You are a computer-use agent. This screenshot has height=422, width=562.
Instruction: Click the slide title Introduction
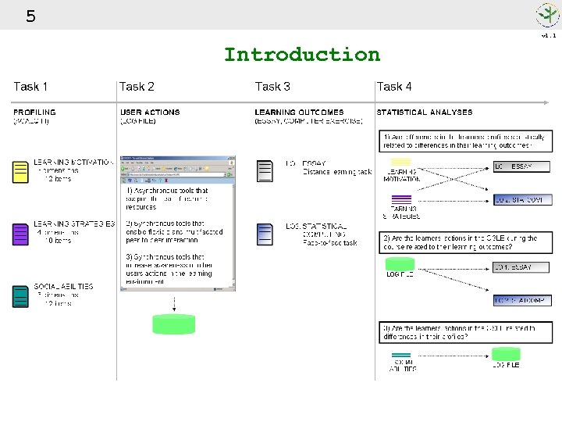(x=301, y=55)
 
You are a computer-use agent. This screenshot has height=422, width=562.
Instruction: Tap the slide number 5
(x=30, y=16)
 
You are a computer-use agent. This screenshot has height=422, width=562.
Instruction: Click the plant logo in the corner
(x=547, y=15)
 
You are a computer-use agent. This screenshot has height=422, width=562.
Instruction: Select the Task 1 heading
(x=30, y=87)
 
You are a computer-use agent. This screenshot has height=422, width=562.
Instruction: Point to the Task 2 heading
(x=137, y=87)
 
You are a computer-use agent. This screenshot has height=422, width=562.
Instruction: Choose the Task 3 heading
(x=272, y=87)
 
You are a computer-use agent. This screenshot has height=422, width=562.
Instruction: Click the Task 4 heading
(x=394, y=87)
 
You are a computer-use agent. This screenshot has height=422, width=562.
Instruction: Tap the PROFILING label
(x=34, y=113)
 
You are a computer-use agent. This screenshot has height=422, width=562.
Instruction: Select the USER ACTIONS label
(x=150, y=113)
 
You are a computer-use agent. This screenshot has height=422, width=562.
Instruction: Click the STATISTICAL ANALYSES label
(x=425, y=113)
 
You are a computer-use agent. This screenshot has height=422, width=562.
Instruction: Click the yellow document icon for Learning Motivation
(x=20, y=172)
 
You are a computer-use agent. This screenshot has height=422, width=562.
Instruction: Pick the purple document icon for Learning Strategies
(x=20, y=234)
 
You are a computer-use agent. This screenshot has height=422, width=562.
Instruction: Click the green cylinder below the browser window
(x=173, y=324)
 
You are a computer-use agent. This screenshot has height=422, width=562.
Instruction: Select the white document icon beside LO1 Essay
(x=265, y=171)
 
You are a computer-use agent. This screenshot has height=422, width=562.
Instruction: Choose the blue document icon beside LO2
(x=265, y=234)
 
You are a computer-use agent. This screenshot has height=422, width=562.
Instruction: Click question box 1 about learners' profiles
(x=466, y=141)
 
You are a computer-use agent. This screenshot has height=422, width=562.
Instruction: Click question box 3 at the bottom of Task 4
(x=466, y=333)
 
